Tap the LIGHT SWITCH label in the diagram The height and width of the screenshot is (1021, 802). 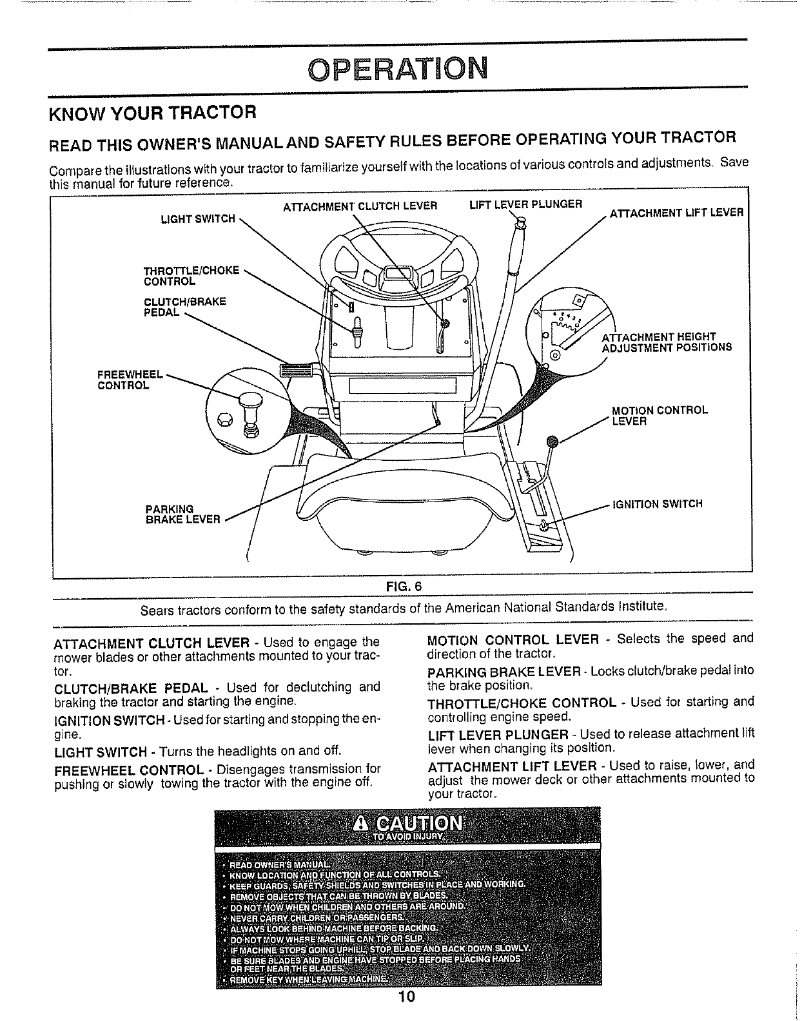coord(198,219)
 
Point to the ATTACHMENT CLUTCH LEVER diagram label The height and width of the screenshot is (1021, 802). coord(360,206)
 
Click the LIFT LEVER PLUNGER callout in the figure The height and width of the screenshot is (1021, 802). coord(525,204)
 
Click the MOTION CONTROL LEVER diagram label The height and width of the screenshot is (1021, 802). coord(660,416)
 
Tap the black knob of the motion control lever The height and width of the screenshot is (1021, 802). coord(551,442)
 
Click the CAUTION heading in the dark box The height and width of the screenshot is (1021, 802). coord(408,824)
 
